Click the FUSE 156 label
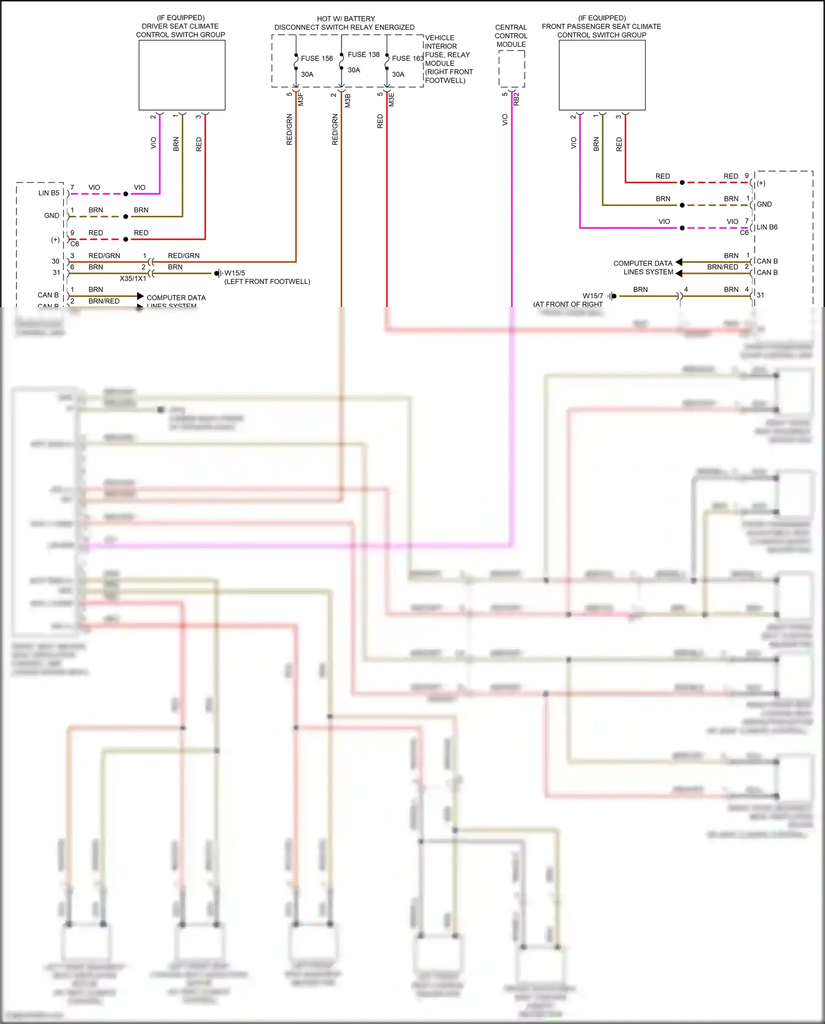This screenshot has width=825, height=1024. pos(317,58)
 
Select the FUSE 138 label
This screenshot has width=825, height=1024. pos(364,54)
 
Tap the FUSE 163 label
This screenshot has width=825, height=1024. pos(408,58)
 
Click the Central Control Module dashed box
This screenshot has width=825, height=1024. pos(512,69)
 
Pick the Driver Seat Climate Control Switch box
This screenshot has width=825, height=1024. pos(182,75)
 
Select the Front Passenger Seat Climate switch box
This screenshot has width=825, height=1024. pos(602,75)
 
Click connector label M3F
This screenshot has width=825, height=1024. pos(301,100)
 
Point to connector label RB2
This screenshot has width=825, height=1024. pos(516,99)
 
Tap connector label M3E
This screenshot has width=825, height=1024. pos(392,100)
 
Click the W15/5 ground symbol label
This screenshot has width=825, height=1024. pos(235,273)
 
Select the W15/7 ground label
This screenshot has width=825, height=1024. pos(593,295)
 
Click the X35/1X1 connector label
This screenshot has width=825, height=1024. pos(133,278)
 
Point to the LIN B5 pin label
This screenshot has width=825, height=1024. pos(48,193)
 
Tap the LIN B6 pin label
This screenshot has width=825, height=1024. pos(767,227)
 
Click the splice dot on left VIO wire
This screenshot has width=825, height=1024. pos(125,194)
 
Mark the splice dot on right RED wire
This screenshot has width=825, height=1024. pos(682,182)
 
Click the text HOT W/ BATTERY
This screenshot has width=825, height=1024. pos(345,19)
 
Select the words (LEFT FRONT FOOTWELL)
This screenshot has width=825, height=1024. pos(267,282)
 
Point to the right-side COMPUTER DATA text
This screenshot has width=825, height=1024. pos(642,264)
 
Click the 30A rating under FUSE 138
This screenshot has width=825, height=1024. pos(354,70)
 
